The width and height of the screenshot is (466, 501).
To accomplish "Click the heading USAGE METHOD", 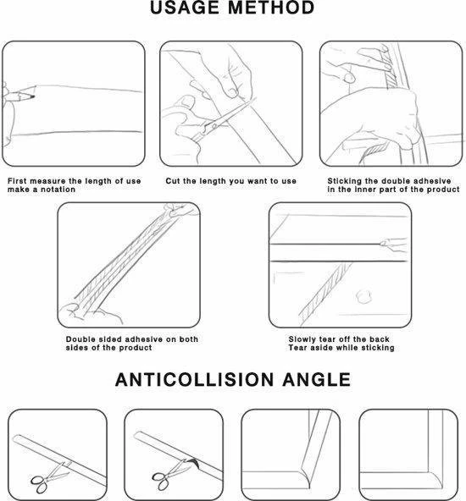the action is [x=232, y=8].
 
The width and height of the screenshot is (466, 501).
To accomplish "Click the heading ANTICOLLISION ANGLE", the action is [x=233, y=380].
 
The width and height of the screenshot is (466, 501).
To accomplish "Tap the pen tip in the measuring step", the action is [x=33, y=96].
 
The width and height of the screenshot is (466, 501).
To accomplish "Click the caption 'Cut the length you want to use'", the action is [x=231, y=181].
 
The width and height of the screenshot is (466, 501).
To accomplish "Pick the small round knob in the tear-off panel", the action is [x=363, y=297].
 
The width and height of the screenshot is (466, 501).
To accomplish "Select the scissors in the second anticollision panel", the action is [x=170, y=474].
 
